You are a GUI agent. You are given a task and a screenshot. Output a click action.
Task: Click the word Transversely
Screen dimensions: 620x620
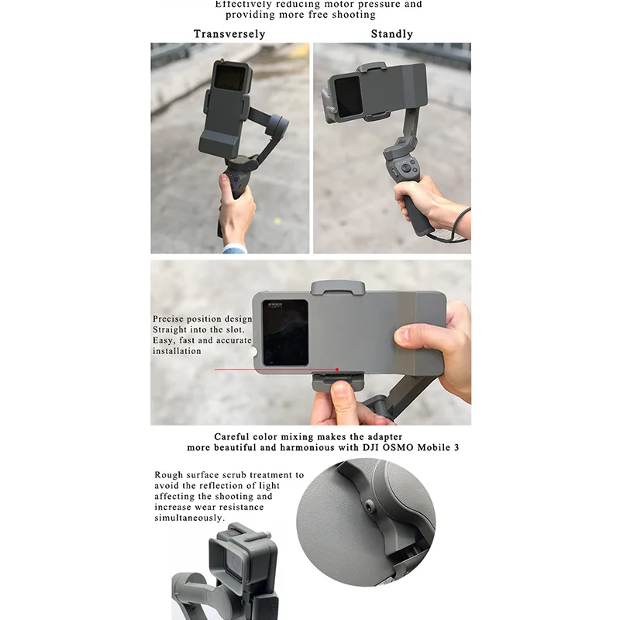[x=229, y=34]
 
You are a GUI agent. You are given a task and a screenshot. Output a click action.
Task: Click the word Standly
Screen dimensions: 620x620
[x=391, y=34]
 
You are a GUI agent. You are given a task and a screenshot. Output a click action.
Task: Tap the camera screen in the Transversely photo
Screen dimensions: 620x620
[x=227, y=77]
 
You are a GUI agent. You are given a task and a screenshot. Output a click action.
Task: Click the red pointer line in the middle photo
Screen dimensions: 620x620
[x=271, y=369]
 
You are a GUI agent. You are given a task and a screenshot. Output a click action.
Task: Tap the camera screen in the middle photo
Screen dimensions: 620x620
[x=284, y=332]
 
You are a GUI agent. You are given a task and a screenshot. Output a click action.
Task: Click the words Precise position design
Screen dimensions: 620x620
[x=201, y=319]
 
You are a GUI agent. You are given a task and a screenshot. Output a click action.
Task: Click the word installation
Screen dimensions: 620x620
[x=177, y=351]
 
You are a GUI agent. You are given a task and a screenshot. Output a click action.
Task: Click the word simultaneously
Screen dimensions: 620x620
[x=189, y=518]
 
